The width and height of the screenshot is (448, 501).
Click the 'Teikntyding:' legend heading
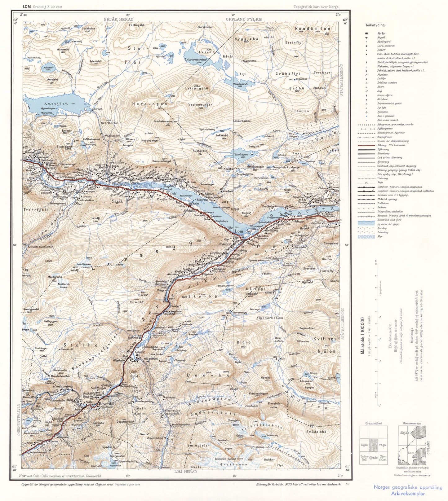(x=375, y=25)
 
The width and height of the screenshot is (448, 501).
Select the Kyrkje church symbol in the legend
(x=366, y=33)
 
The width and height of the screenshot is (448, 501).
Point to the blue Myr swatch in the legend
(x=366, y=236)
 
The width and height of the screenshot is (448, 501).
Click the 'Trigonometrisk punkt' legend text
(x=389, y=103)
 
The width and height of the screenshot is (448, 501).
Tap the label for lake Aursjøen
(x=56, y=104)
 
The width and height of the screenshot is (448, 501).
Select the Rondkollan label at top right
(x=313, y=28)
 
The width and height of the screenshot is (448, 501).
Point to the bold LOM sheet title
(x=27, y=7)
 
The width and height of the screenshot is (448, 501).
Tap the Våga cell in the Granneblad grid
(x=382, y=445)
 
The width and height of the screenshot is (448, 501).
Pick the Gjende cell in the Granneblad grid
(x=373, y=457)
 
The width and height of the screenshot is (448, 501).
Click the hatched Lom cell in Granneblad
(x=373, y=445)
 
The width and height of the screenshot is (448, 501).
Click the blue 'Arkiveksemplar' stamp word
(x=408, y=494)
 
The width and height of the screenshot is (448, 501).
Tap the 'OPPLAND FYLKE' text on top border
(x=244, y=19)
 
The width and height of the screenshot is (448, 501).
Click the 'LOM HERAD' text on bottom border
(x=185, y=472)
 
